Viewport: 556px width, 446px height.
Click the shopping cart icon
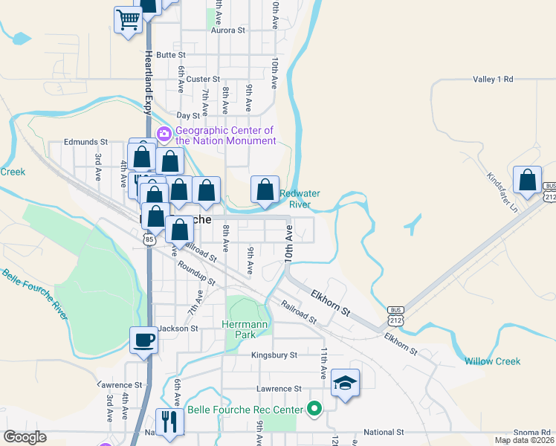point(129,20)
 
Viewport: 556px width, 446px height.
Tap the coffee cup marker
point(143,340)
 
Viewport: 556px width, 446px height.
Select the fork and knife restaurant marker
point(170,422)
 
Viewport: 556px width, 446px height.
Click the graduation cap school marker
point(345,383)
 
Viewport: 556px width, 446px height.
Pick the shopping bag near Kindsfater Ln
point(527,181)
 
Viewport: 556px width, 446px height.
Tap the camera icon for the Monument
point(164,135)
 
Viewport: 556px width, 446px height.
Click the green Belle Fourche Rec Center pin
point(314,409)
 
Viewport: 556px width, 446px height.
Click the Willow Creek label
point(492,361)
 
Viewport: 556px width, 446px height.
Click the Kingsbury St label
point(274,355)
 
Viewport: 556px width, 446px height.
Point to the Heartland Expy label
point(148,81)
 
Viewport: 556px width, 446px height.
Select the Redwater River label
point(300,198)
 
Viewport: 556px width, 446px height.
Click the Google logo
point(25,438)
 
